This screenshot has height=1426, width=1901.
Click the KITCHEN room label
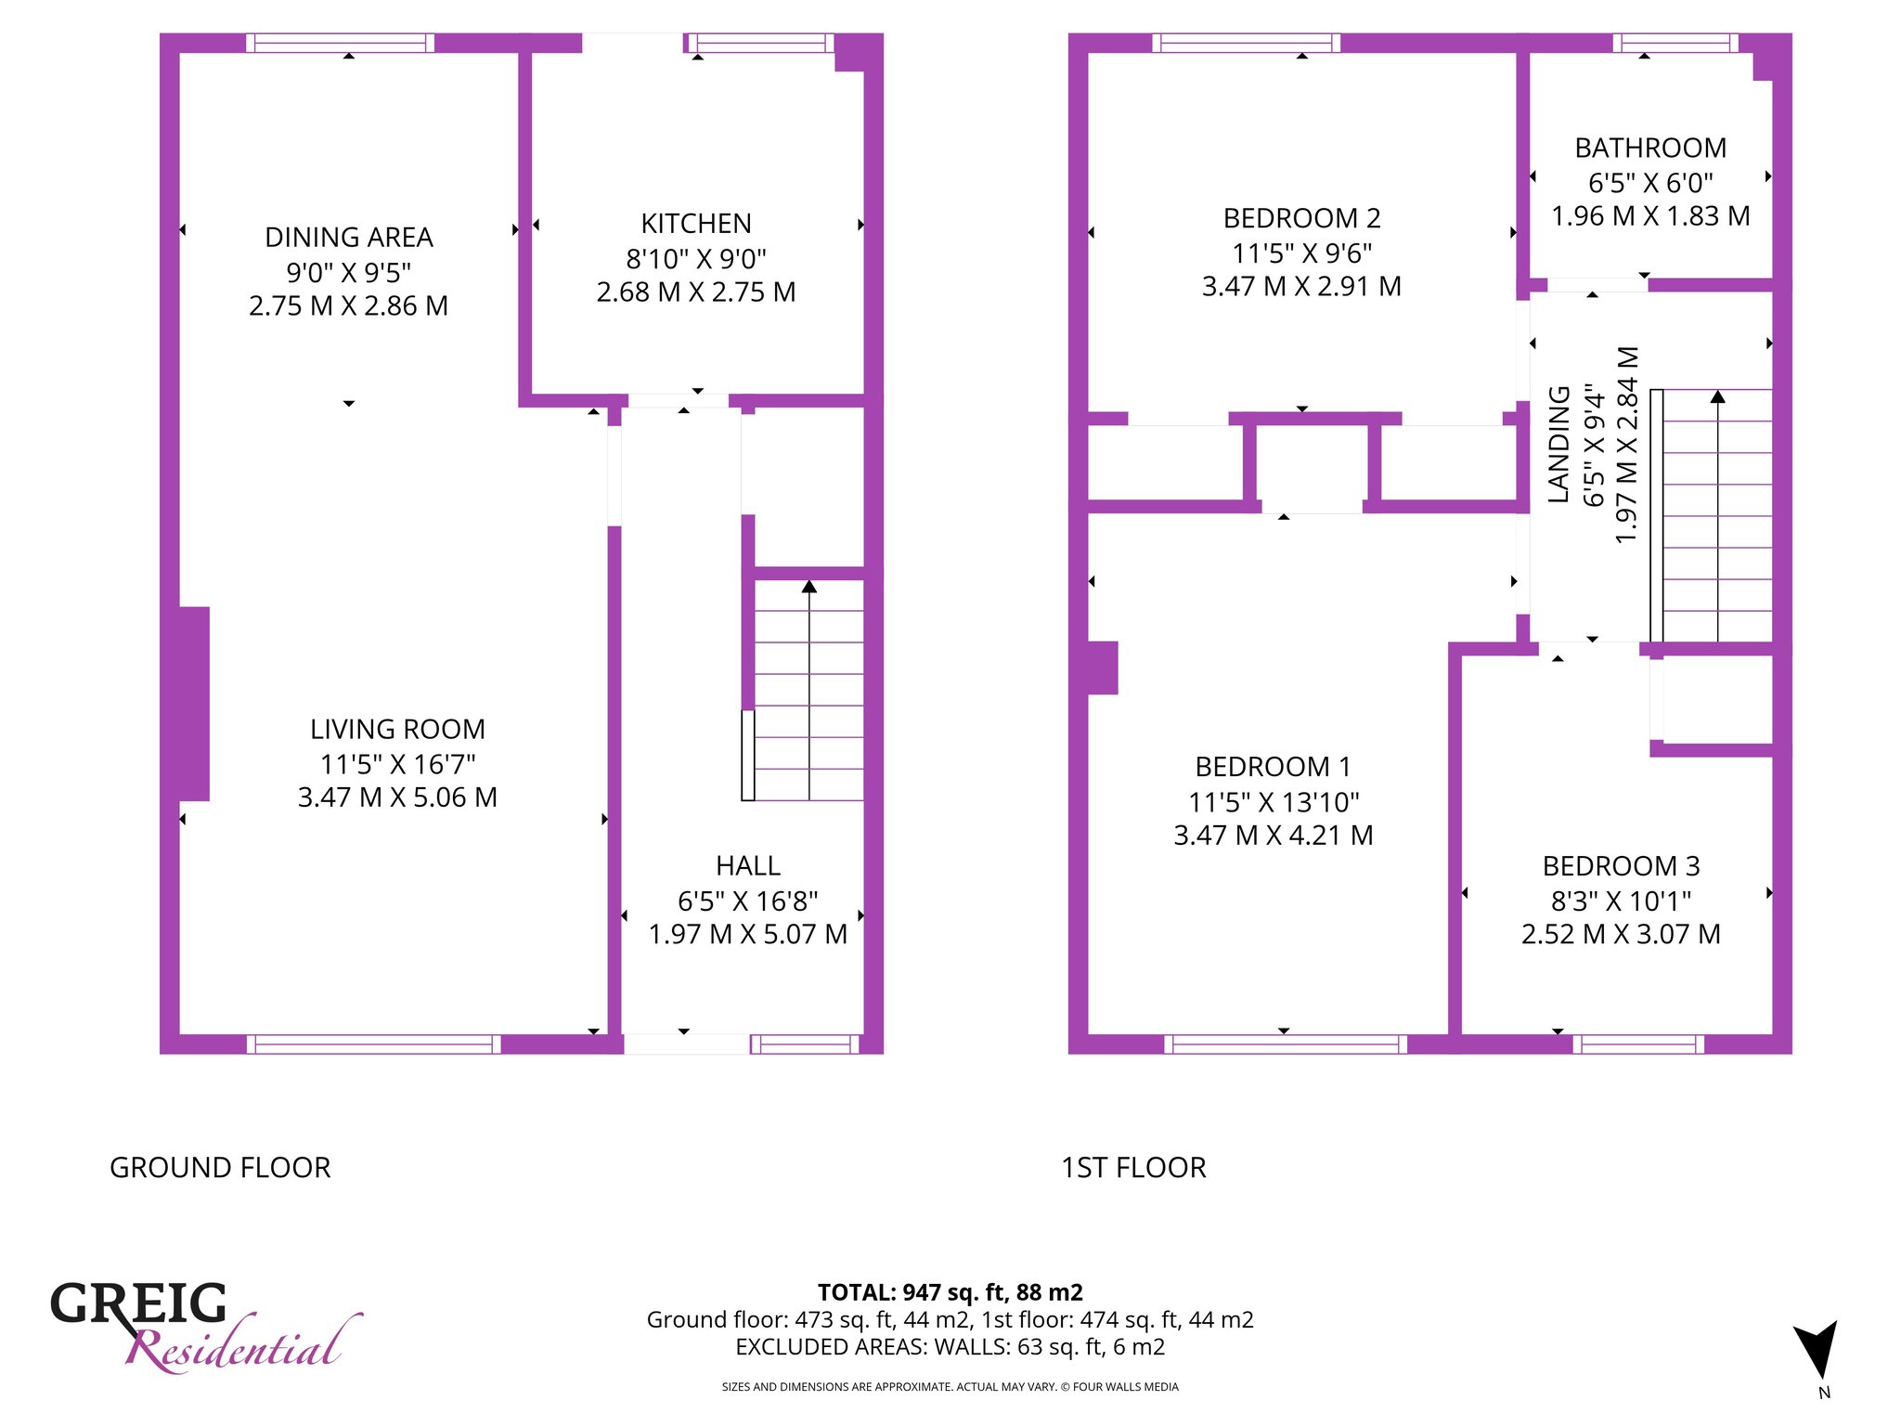[x=696, y=224]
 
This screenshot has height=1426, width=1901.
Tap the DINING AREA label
[x=349, y=238]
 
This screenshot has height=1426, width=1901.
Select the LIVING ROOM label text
[x=397, y=730]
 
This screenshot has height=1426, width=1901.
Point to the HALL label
[x=748, y=866]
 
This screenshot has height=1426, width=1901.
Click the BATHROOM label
[x=1650, y=149]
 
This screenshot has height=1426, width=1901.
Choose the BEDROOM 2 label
[x=1302, y=219]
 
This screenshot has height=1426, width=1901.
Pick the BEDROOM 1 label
[x=1273, y=767]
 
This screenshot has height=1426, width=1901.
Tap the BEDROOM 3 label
[x=1621, y=866]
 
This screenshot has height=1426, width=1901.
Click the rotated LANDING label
[x=1559, y=445]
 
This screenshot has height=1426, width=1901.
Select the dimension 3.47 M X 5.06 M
[x=397, y=797]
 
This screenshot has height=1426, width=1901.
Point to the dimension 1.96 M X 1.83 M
[x=1650, y=216]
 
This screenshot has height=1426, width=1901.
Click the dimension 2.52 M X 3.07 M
[x=1621, y=934]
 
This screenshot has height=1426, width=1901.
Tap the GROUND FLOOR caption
[x=220, y=1168]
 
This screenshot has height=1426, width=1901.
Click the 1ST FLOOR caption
[x=1133, y=1168]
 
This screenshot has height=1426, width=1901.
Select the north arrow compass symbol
[x=1817, y=1348]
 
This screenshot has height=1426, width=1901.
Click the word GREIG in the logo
[x=138, y=1303]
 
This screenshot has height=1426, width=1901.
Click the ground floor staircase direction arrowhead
[x=809, y=587]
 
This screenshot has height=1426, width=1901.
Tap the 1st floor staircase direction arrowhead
[x=1718, y=396]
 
